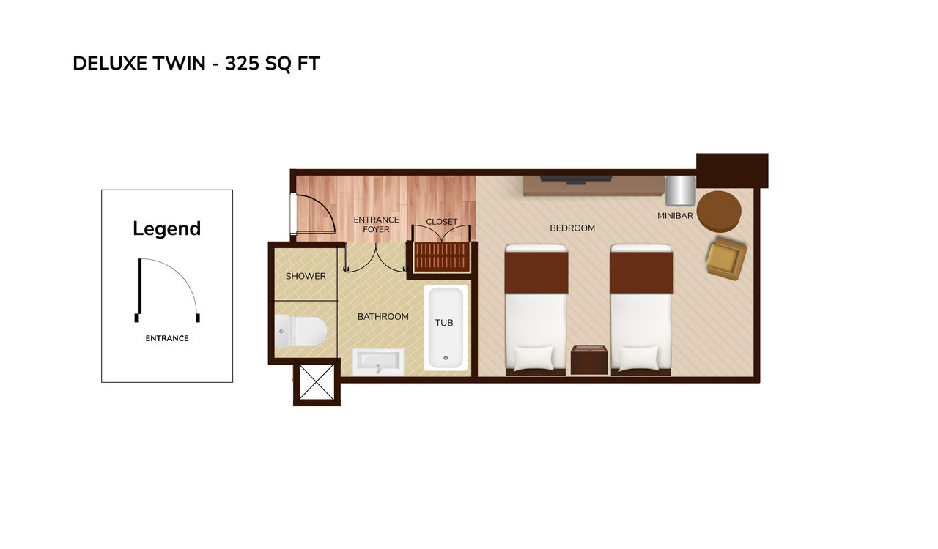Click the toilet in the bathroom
pyautogui.click(x=300, y=331)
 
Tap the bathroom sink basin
pyautogui.click(x=378, y=362)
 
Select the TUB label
pyautogui.click(x=444, y=323)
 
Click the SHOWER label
pyautogui.click(x=306, y=276)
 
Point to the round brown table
pyautogui.click(x=719, y=212)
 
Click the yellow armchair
pyautogui.click(x=726, y=258)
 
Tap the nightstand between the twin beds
pyautogui.click(x=589, y=359)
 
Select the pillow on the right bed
pyautogui.click(x=639, y=358)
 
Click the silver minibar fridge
pyautogui.click(x=681, y=191)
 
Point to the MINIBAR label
pyautogui.click(x=675, y=216)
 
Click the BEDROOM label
pyautogui.click(x=572, y=228)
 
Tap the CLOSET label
pyautogui.click(x=442, y=222)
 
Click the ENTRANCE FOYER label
pyautogui.click(x=376, y=224)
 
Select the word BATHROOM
pyautogui.click(x=383, y=317)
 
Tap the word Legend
pyautogui.click(x=166, y=228)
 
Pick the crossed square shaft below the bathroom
pyautogui.click(x=317, y=381)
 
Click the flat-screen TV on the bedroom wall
pyautogui.click(x=576, y=180)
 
